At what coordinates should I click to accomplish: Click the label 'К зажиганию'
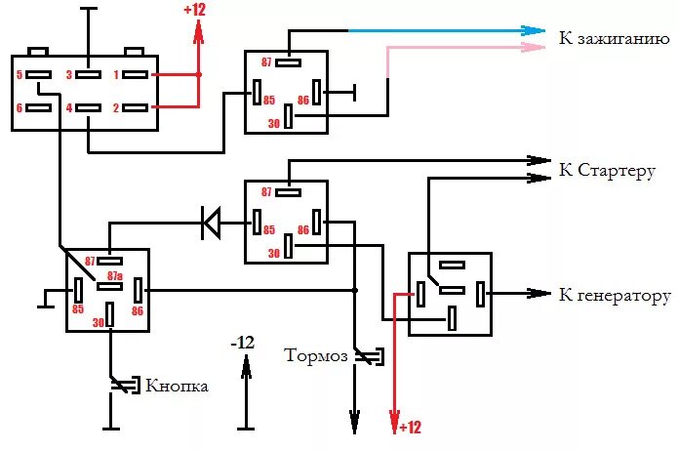click(x=614, y=41)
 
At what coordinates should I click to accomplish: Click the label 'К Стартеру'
click(x=606, y=171)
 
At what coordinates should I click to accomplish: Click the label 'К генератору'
click(x=615, y=296)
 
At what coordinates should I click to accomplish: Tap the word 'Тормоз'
click(x=314, y=354)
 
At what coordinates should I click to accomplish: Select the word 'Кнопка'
click(x=177, y=386)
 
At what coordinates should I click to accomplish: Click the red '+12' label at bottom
click(x=409, y=428)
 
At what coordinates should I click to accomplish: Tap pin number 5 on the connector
click(x=19, y=74)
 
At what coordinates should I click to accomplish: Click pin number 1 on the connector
click(x=114, y=74)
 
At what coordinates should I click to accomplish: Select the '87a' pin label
click(x=114, y=276)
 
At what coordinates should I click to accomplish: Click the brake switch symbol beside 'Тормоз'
click(x=367, y=357)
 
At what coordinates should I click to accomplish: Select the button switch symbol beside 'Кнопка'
click(x=122, y=386)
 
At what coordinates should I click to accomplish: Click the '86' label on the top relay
click(x=303, y=100)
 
